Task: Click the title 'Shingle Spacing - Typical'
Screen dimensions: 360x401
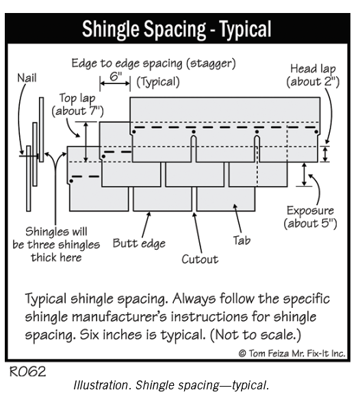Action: (177, 29)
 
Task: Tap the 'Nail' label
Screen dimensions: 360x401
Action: (27, 78)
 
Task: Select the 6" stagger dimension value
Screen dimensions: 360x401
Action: (116, 77)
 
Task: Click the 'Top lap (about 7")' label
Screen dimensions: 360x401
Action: (77, 105)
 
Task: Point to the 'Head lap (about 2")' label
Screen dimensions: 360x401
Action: (313, 75)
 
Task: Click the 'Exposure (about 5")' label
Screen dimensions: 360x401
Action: (310, 217)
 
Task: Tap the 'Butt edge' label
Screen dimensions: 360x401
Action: (139, 243)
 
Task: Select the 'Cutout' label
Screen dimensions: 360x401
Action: (200, 259)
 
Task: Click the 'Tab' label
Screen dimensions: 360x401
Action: (242, 240)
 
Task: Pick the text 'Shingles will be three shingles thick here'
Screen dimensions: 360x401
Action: (56, 244)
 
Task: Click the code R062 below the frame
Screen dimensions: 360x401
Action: (27, 372)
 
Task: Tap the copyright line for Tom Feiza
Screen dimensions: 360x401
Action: (292, 353)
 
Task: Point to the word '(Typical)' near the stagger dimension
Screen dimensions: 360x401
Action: (158, 82)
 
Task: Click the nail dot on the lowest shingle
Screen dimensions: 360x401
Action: (71, 181)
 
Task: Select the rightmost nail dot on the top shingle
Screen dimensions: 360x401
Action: (316, 132)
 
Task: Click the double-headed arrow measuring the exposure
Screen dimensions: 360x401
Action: (304, 174)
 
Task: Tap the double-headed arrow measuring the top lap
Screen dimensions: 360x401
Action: (86, 142)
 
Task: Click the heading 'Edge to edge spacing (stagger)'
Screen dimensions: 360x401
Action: (153, 64)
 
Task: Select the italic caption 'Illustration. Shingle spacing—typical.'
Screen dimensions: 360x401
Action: (171, 385)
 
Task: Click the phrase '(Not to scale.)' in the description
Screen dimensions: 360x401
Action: (255, 335)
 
